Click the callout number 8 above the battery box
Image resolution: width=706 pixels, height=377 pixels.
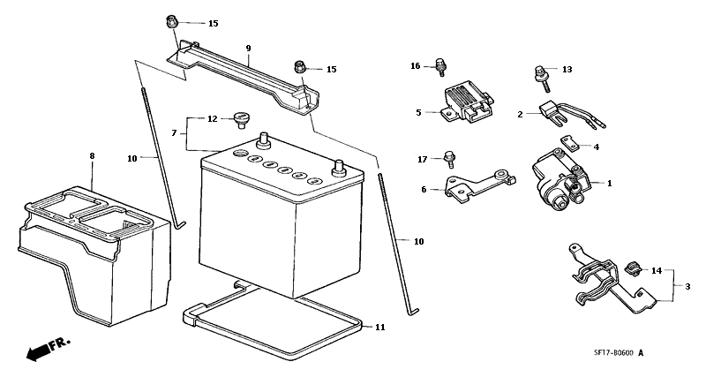93,156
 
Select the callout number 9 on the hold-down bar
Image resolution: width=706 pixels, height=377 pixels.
248,48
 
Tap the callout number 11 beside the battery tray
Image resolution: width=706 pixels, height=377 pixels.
380,328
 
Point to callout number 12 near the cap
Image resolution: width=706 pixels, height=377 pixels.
213,119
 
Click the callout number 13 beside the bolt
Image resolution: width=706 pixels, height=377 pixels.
567,70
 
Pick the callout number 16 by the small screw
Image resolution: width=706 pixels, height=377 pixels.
415,66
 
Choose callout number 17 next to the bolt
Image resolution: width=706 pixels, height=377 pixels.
423,160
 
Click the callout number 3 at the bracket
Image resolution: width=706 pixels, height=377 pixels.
687,286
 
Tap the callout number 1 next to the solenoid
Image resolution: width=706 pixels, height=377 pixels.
610,184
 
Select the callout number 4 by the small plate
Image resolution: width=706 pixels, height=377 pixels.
597,147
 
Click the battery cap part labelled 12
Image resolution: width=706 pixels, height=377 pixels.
241,120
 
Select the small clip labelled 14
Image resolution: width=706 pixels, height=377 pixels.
632,268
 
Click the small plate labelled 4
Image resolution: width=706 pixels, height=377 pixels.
569,142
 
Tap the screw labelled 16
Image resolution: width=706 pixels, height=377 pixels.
440,67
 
